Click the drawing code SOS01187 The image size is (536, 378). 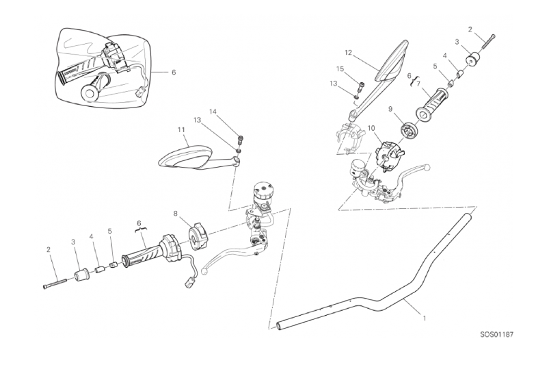(x=496, y=334)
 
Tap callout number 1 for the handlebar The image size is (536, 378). (x=425, y=318)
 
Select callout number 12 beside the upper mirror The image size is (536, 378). (x=349, y=53)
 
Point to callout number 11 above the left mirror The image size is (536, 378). (x=181, y=130)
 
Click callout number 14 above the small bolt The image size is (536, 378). (x=213, y=112)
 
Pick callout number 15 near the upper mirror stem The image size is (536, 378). (x=340, y=69)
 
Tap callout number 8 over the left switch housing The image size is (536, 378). (x=175, y=214)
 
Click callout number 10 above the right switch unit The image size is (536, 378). (x=371, y=128)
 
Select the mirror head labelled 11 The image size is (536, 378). (x=185, y=156)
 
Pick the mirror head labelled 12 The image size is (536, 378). (x=392, y=61)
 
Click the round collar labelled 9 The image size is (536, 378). (x=410, y=130)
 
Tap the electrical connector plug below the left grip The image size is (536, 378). (x=189, y=283)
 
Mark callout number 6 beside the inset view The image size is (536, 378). (x=174, y=73)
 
